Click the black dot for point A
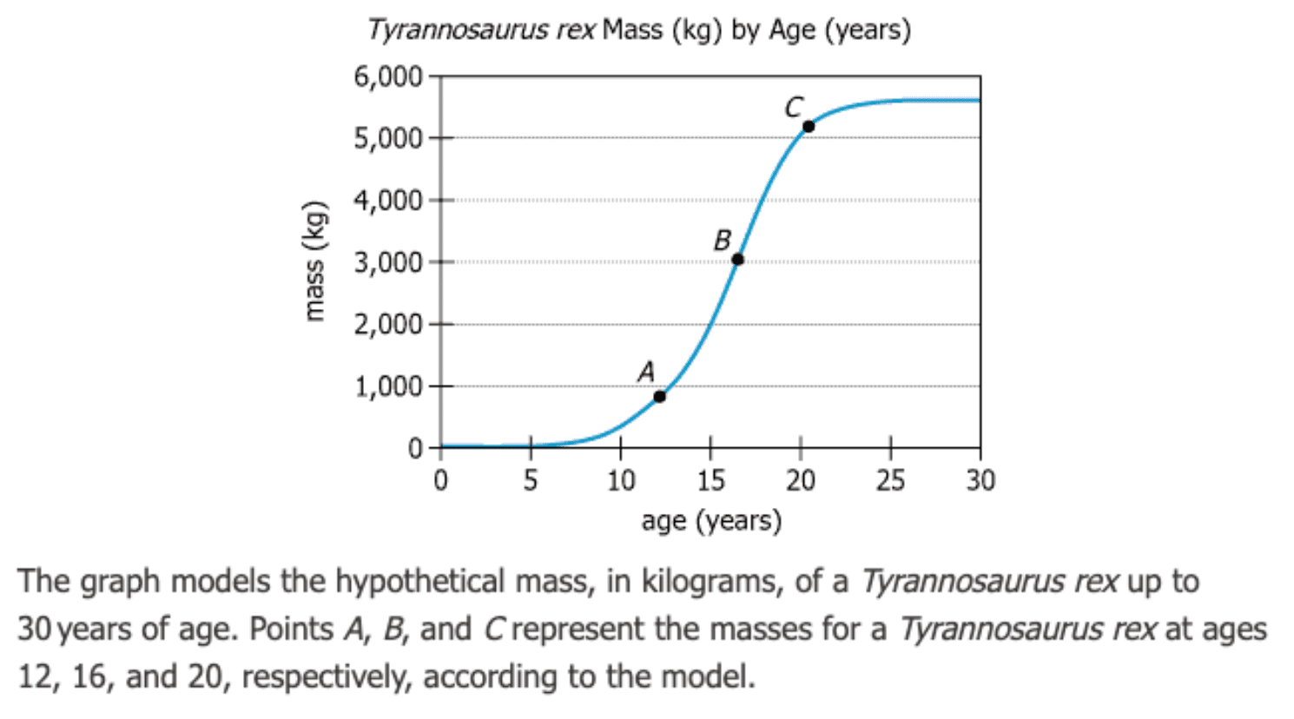pos(659,397)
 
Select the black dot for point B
pos(737,260)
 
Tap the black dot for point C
pos(809,127)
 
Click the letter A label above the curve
pos(646,372)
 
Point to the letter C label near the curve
pos(793,107)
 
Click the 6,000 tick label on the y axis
pos(387,77)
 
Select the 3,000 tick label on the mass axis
pos(387,262)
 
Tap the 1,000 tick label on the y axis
pos(387,386)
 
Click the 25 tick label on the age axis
pos(890,479)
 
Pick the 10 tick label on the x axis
pos(620,479)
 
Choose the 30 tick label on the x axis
pos(980,479)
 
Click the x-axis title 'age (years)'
pos(711,520)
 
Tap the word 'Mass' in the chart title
pos(632,30)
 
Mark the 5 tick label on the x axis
pos(530,479)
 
